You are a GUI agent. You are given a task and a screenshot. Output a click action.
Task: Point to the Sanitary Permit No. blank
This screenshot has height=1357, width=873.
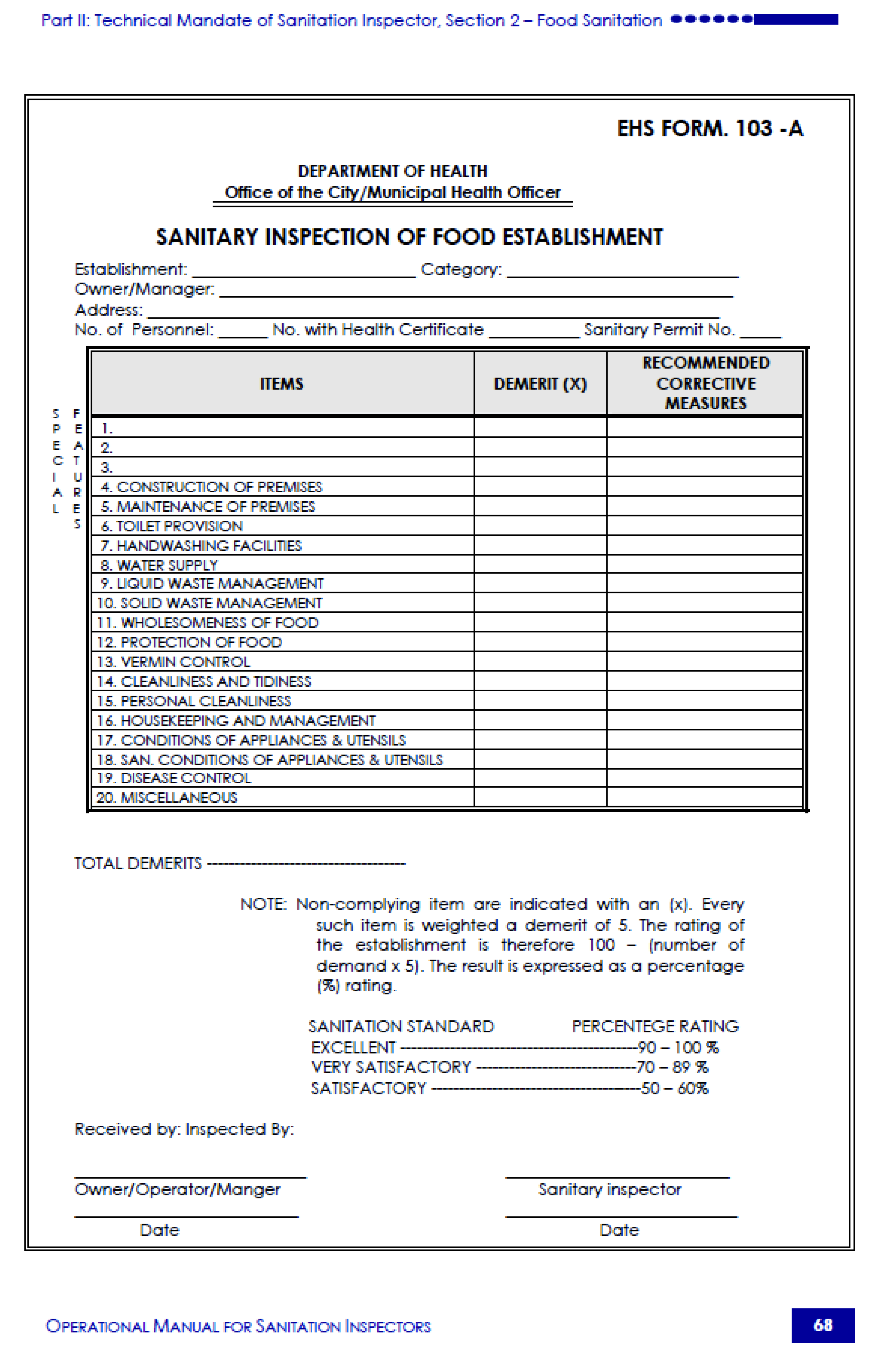(760, 334)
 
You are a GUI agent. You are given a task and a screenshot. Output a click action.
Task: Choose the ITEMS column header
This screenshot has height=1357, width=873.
(282, 384)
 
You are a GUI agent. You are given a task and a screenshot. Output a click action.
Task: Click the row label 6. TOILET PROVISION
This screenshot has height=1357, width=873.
(172, 526)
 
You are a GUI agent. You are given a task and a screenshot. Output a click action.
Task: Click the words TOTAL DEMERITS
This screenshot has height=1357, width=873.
(138, 863)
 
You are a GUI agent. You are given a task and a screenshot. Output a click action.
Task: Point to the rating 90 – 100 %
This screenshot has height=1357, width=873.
(678, 1048)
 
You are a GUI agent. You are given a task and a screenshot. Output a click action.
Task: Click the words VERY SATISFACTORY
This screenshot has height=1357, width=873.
(391, 1067)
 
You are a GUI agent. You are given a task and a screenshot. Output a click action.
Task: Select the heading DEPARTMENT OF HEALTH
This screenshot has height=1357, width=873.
(392, 171)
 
